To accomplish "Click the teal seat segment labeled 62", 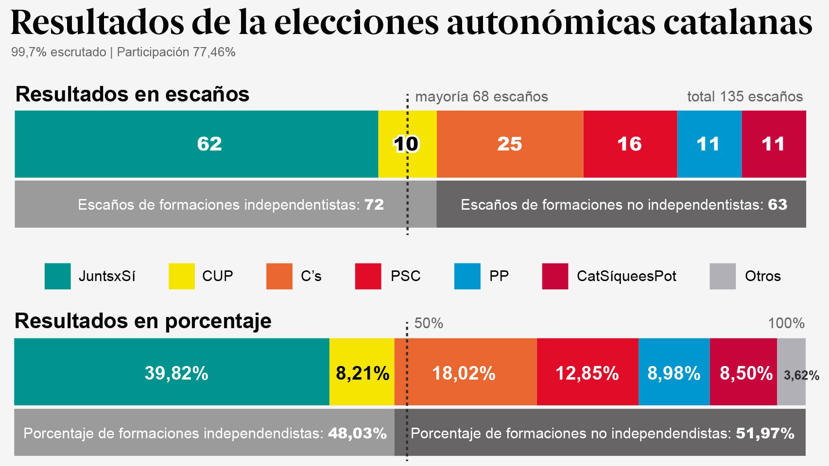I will pyautogui.click(x=196, y=144).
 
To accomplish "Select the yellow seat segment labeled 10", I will pyautogui.click(x=407, y=144).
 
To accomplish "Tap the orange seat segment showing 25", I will pyautogui.click(x=509, y=144).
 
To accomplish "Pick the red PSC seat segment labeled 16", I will pyautogui.click(x=629, y=144).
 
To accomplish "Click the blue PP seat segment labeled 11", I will pyautogui.click(x=708, y=144).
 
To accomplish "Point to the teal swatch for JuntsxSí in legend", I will pyautogui.click(x=57, y=276).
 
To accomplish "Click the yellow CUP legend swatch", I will pyautogui.click(x=181, y=276).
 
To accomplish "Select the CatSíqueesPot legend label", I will pyautogui.click(x=626, y=276).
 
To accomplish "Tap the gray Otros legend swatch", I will pyautogui.click(x=722, y=276).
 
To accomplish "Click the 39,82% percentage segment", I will pyautogui.click(x=172, y=372).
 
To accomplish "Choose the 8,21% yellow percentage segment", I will pyautogui.click(x=362, y=372).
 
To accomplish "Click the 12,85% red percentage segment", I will pyautogui.click(x=587, y=372).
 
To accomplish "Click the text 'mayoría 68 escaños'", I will pyautogui.click(x=481, y=97).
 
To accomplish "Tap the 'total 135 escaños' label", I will pyautogui.click(x=744, y=97).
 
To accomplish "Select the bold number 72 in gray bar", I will pyautogui.click(x=374, y=204).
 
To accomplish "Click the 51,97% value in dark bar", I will pyautogui.click(x=765, y=433).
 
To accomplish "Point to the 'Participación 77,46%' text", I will pyautogui.click(x=176, y=52).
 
